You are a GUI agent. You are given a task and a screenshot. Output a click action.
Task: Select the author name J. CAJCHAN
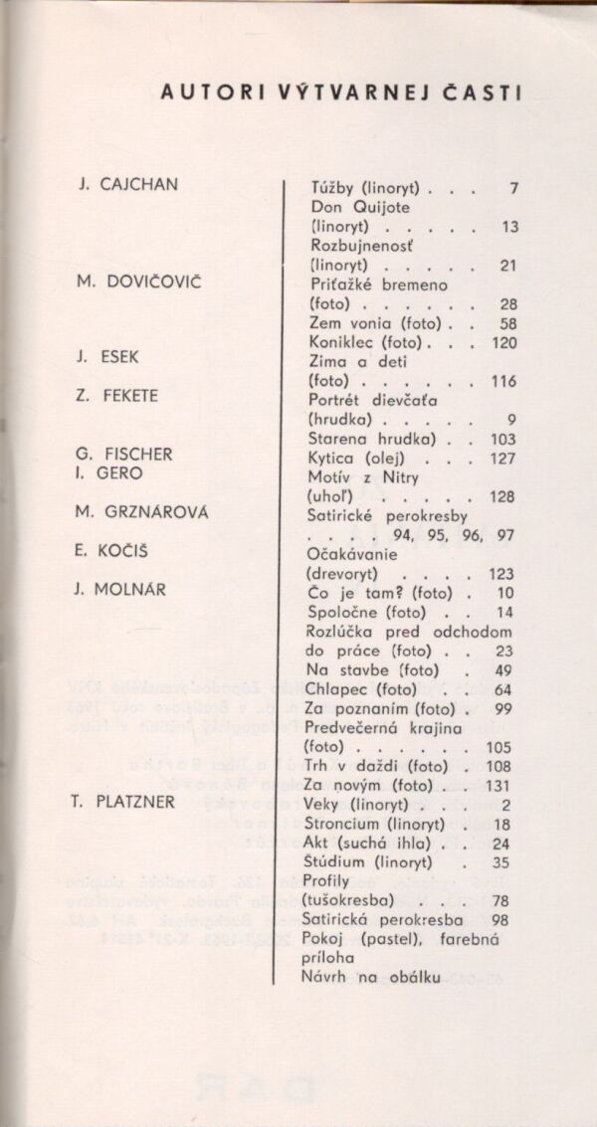(x=128, y=185)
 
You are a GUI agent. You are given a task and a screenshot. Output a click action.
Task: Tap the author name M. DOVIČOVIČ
(x=139, y=282)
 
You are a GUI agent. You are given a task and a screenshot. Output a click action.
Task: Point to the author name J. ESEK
(x=109, y=357)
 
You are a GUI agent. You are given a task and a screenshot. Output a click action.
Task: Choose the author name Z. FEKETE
(x=118, y=395)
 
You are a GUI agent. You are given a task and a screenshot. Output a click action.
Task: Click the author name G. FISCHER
(x=125, y=454)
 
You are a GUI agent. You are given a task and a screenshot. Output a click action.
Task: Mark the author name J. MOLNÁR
(x=120, y=589)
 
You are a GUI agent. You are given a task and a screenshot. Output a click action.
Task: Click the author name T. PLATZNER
(x=126, y=802)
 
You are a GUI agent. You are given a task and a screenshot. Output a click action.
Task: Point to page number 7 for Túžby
(x=513, y=187)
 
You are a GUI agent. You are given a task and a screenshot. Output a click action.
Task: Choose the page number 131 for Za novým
(x=504, y=786)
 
